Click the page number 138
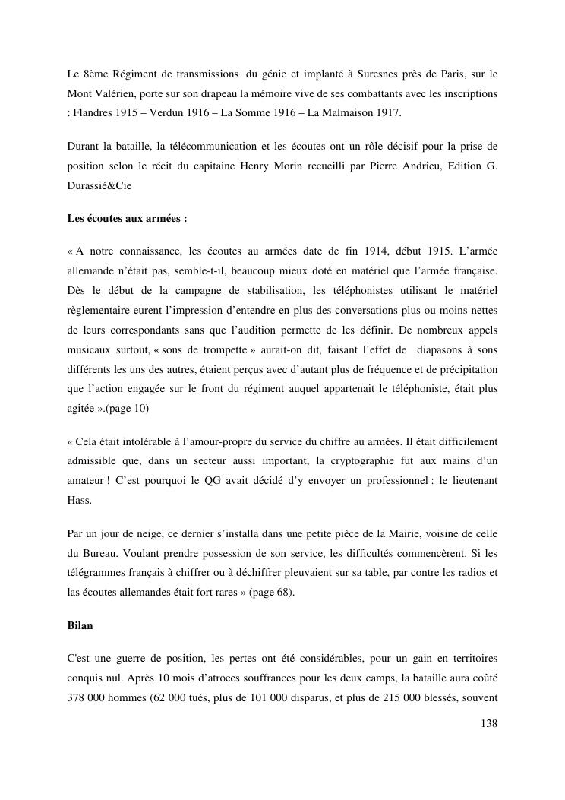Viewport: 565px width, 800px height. [x=489, y=723]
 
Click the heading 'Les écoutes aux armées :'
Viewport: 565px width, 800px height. [x=127, y=219]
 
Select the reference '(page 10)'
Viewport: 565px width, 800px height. [x=127, y=409]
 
